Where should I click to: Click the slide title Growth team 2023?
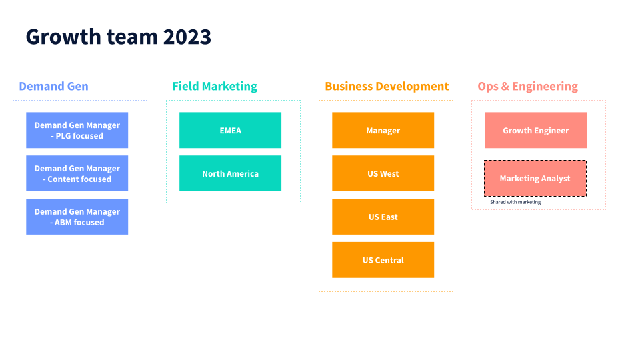119,37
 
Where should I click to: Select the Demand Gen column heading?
53,86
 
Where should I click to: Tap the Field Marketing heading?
215,87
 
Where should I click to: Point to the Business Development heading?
387,87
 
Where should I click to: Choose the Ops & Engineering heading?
528,87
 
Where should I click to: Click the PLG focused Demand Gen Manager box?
77,130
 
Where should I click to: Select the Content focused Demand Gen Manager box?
77,173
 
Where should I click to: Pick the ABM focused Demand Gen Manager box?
77,217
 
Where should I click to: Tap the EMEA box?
230,130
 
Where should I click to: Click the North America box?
230,173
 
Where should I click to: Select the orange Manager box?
383,130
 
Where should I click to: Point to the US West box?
383,173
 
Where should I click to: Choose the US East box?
383,217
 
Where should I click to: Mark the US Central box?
383,260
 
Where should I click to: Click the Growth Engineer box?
536,130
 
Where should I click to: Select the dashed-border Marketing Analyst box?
535,179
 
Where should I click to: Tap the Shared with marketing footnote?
515,202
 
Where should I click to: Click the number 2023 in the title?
187,37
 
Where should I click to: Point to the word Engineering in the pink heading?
545,87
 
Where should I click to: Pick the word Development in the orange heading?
412,87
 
